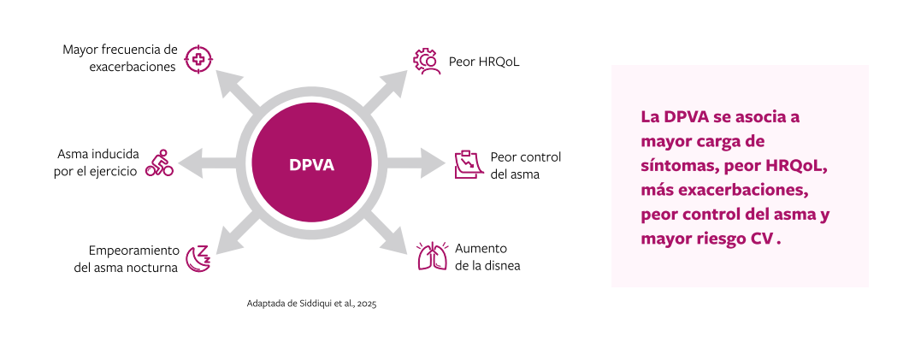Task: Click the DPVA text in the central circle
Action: pos(311,165)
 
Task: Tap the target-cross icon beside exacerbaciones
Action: pos(198,58)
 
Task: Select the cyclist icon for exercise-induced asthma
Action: pos(159,162)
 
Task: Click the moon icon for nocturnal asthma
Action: pos(198,257)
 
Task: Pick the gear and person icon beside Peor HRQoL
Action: pos(427,62)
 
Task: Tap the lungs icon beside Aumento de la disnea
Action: pos(432,257)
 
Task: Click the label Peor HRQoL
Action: pos(484,62)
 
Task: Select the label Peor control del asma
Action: pos(525,165)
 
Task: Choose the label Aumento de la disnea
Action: pos(487,257)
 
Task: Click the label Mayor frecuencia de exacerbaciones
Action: pos(120,57)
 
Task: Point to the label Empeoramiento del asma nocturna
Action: pos(126,258)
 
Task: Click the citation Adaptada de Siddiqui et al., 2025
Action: pos(311,304)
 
